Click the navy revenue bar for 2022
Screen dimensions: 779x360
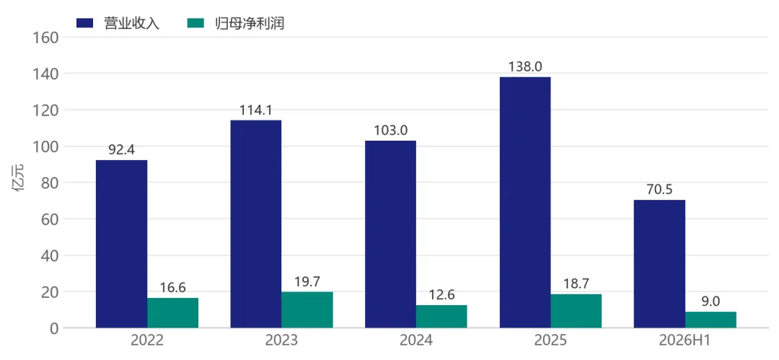(122, 244)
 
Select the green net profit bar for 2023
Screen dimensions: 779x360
(307, 309)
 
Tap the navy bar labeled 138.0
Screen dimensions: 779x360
(525, 203)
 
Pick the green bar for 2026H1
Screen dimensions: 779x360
(711, 320)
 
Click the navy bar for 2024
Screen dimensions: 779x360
(390, 234)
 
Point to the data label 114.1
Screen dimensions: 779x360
(256, 110)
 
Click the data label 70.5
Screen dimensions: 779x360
(659, 190)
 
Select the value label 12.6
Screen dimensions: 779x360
(441, 295)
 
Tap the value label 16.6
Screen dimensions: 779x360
(172, 288)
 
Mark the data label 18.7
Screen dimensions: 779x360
(576, 284)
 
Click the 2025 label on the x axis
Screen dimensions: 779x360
(550, 341)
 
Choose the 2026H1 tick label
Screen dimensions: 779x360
(685, 341)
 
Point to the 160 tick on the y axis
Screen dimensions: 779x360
(46, 38)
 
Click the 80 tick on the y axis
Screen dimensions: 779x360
(50, 183)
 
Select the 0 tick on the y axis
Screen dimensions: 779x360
(55, 328)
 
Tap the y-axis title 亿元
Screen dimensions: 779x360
(22, 183)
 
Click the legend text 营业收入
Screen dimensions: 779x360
(132, 23)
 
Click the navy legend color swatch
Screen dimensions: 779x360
(85, 23)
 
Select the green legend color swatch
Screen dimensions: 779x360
(195, 23)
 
